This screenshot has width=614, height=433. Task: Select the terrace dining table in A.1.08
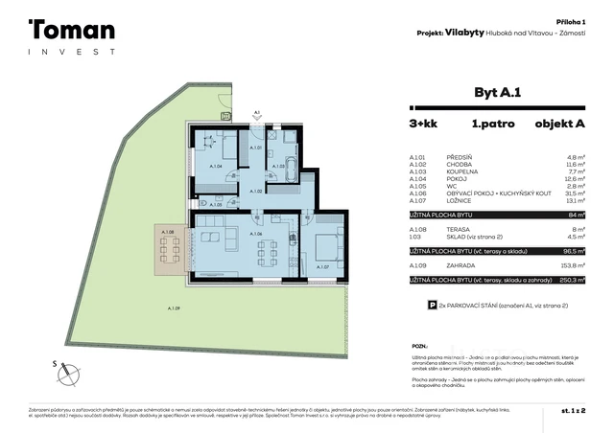coord(170,251)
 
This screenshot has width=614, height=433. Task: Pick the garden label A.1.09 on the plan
coord(174,308)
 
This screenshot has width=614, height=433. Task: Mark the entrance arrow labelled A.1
coord(257,116)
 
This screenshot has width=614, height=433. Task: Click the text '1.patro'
coord(490,124)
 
